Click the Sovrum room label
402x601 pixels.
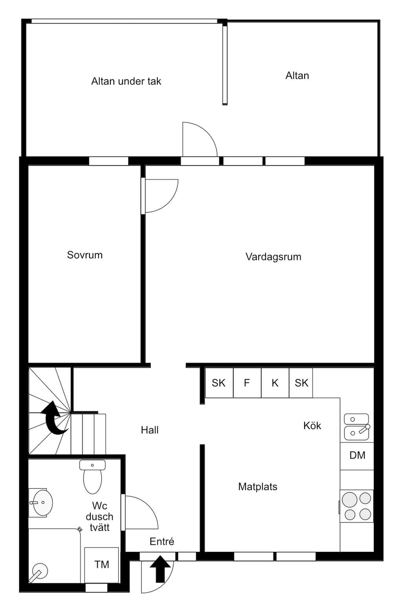click(x=85, y=255)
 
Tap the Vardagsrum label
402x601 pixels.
click(x=274, y=257)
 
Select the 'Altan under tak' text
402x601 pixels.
click(x=126, y=81)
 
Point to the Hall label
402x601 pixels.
click(x=150, y=430)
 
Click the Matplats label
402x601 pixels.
click(x=258, y=487)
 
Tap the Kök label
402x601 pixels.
click(x=312, y=425)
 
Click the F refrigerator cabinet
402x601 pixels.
click(x=247, y=383)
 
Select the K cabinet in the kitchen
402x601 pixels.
click(x=275, y=383)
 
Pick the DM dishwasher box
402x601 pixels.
click(x=357, y=455)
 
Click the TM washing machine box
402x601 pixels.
click(x=102, y=565)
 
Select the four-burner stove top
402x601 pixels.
click(x=356, y=506)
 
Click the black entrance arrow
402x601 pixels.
click(x=160, y=568)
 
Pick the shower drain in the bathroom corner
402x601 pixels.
click(x=38, y=572)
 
